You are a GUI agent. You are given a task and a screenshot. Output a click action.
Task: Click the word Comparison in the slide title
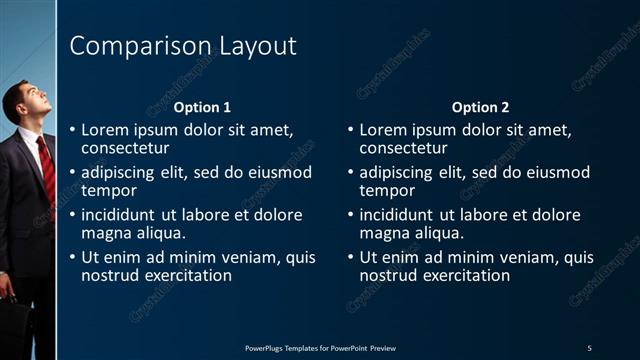pyautogui.click(x=131, y=46)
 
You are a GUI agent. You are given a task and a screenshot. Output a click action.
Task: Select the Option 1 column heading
pyautogui.click(x=202, y=107)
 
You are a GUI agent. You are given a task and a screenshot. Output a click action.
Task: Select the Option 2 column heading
pyautogui.click(x=480, y=107)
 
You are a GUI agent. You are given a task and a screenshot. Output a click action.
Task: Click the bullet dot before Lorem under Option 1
pyautogui.click(x=71, y=130)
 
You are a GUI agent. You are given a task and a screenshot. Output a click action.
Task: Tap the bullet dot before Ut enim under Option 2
pyautogui.click(x=349, y=257)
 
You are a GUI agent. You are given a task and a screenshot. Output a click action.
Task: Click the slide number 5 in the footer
pyautogui.click(x=589, y=347)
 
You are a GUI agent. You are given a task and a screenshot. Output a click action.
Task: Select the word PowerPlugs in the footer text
pyautogui.click(x=265, y=347)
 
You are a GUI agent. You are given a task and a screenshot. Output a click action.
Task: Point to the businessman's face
pyautogui.click(x=23, y=104)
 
